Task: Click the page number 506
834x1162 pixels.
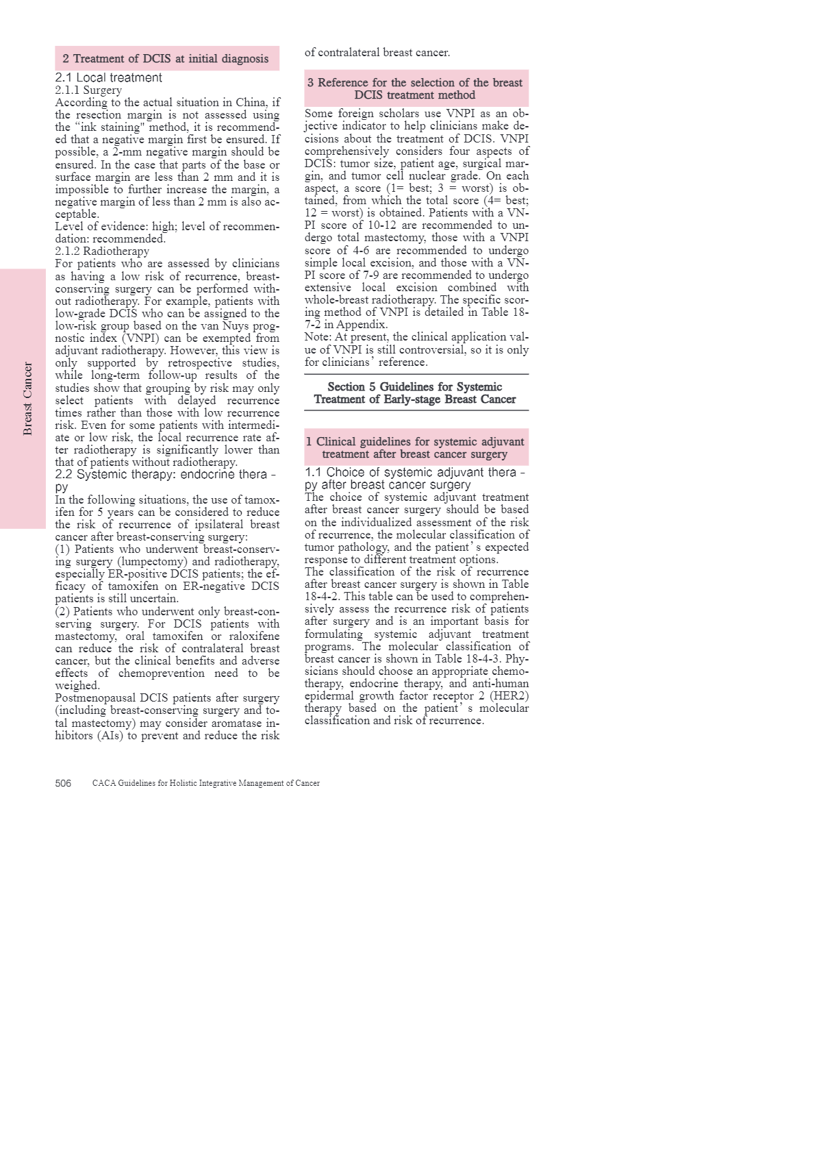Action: (x=63, y=783)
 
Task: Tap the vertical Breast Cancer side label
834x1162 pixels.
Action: (x=27, y=399)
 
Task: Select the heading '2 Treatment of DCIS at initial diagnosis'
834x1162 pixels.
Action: (x=166, y=59)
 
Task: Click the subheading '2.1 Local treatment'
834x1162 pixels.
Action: (x=109, y=78)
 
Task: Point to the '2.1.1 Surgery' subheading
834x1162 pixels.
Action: (x=88, y=90)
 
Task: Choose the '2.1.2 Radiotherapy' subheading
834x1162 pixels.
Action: (x=102, y=251)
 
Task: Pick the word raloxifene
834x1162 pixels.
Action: (x=254, y=636)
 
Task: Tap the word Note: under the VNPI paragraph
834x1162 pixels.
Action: (x=318, y=337)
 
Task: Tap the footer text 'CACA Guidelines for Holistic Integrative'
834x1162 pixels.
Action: (x=205, y=783)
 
